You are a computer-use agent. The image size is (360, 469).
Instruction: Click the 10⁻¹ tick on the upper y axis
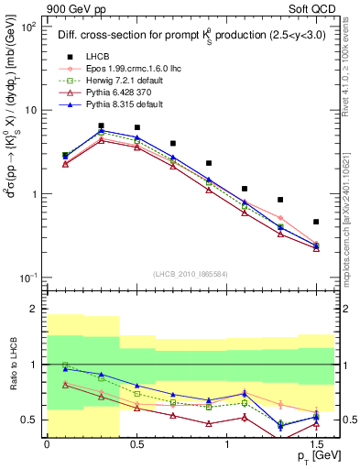pos(32,278)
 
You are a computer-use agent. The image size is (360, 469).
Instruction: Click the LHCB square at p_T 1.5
pos(316,222)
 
